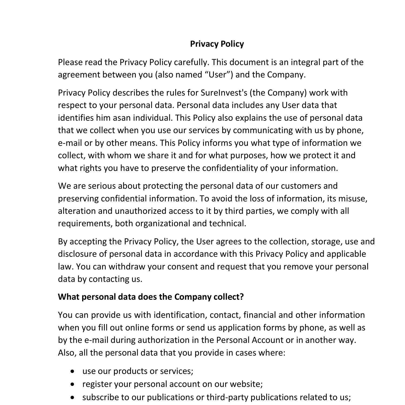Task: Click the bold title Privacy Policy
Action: coord(217,44)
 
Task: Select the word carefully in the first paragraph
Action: coord(191,62)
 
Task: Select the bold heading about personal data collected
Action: coord(151,297)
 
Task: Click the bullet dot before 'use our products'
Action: coord(72,372)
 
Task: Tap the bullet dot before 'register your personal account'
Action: coord(72,384)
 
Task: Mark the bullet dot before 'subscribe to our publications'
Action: coord(72,397)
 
